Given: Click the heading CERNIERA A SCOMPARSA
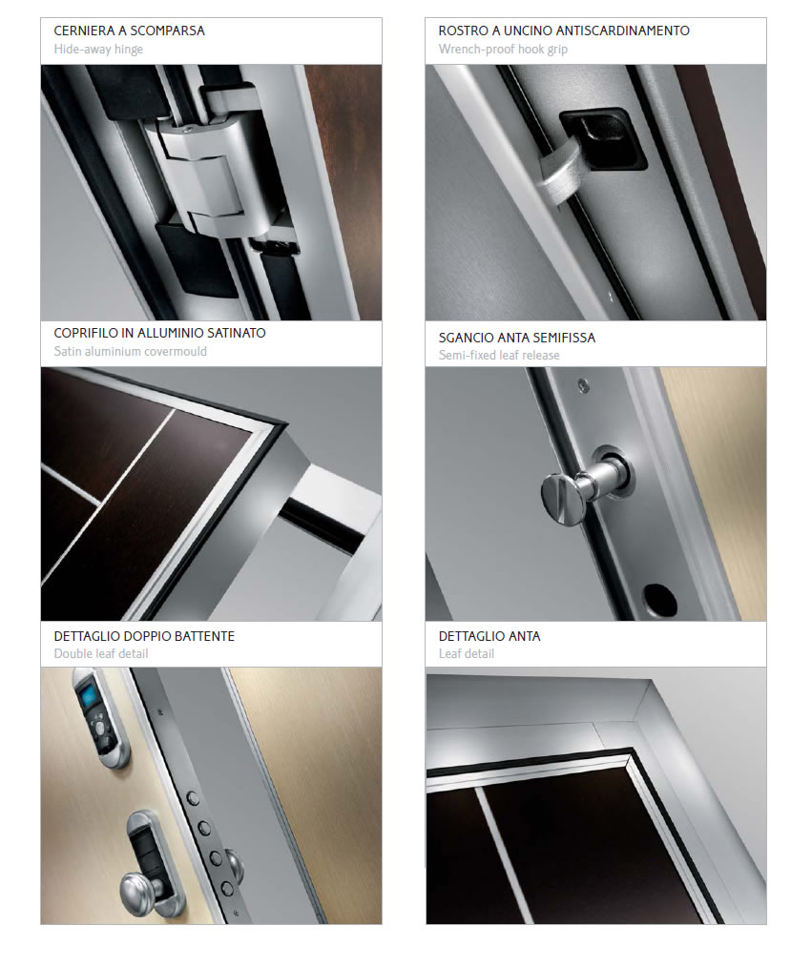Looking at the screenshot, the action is point(129,31).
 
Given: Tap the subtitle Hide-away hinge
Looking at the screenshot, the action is point(98,50).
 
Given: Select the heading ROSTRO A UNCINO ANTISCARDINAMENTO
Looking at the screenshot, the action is point(564,31).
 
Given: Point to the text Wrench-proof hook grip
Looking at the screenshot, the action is point(503,50).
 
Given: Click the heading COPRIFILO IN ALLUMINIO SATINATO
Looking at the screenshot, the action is point(159,333).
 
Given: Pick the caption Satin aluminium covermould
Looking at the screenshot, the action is point(130,352).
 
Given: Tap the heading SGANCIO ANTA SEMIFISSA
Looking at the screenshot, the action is point(517,338).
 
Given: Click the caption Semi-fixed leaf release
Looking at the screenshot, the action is point(499,355).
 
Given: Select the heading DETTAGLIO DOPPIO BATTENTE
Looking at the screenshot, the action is point(144,636).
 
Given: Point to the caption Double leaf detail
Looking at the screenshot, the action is point(101,653).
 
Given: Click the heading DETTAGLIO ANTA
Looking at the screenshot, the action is point(489,636).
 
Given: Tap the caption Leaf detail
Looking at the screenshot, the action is point(467,653).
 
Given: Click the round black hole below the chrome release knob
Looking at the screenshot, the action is point(660,599).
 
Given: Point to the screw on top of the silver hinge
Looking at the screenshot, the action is point(186,129).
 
